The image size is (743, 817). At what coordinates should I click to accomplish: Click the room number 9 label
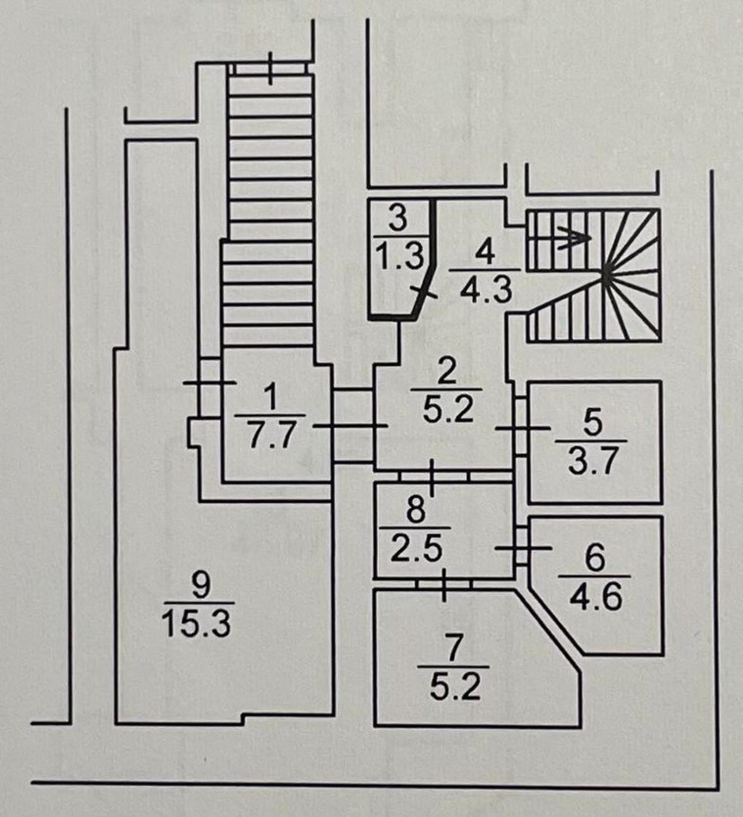coord(201,586)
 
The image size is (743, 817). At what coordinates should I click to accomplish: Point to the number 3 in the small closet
coord(398,219)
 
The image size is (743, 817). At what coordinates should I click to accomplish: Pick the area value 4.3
coord(486,290)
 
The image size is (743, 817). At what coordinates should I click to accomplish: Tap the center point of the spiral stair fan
coord(606,275)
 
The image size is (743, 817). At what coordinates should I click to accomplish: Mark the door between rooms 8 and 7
coord(444,584)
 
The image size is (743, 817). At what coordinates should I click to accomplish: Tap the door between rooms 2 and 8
coord(432,477)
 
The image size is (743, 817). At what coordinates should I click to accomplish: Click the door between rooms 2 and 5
coord(522,427)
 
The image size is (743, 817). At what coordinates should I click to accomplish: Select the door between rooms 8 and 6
coord(522,547)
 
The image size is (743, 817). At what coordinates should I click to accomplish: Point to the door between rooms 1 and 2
coord(352,426)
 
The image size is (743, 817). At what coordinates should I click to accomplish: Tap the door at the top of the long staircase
coord(271,68)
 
